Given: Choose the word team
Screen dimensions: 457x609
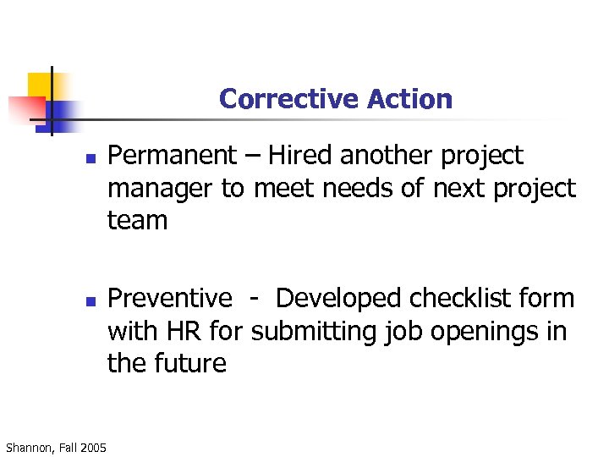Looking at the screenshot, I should pyautogui.click(x=138, y=221).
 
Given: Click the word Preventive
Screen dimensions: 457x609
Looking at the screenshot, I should pyautogui.click(x=170, y=299).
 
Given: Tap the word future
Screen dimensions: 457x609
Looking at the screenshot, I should pyautogui.click(x=190, y=364).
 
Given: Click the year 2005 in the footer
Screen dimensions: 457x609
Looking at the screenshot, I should pyautogui.click(x=92, y=447).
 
